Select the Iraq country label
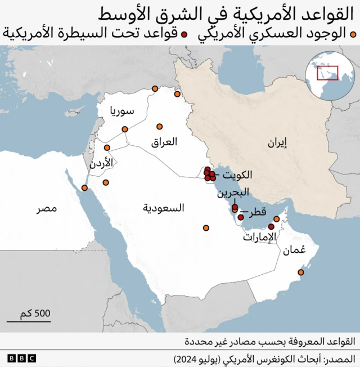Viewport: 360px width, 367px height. (x=164, y=141)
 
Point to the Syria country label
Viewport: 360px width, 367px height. (x=122, y=110)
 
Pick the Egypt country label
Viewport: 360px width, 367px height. (x=47, y=209)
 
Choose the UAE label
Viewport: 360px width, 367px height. (x=260, y=237)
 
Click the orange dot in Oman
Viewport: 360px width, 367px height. (x=301, y=272)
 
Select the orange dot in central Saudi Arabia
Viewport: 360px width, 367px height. (x=206, y=228)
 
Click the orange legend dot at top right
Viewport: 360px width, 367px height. (x=353, y=34)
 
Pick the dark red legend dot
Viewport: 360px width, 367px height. (x=183, y=34)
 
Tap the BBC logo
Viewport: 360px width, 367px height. (x=21, y=358)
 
